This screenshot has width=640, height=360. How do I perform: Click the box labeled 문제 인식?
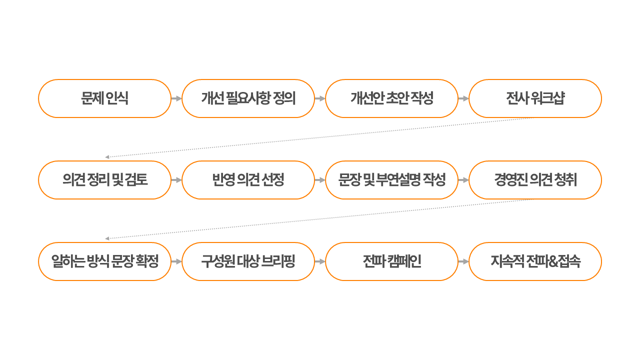(104, 98)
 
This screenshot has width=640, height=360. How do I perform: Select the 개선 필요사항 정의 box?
(248, 98)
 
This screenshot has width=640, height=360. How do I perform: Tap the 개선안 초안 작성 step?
(391, 98)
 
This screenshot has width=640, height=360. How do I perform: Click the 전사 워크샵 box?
(535, 98)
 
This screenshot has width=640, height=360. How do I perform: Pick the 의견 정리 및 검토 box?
(104, 180)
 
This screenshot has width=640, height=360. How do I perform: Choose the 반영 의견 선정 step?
(248, 180)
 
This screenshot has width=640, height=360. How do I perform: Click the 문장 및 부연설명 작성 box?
(391, 180)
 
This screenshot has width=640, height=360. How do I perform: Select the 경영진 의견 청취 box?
(535, 180)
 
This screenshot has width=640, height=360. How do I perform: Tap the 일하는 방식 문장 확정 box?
(104, 261)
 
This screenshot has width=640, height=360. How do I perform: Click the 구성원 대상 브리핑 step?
(248, 261)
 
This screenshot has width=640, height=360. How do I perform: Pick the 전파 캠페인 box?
(391, 261)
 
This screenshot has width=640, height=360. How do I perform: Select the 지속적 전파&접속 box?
(535, 261)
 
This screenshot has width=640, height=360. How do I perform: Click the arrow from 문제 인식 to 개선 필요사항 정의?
(176, 98)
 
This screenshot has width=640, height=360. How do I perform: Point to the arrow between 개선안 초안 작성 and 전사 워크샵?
(463, 98)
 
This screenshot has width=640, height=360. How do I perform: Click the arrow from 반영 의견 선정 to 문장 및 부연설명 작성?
(320, 180)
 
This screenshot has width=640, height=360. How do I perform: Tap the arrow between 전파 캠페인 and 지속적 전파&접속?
(463, 261)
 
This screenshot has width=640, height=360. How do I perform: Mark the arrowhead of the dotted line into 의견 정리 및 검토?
(107, 157)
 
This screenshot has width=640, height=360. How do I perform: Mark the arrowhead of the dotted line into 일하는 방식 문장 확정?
(107, 238)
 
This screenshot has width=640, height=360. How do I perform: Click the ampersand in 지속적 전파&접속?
(553, 261)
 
